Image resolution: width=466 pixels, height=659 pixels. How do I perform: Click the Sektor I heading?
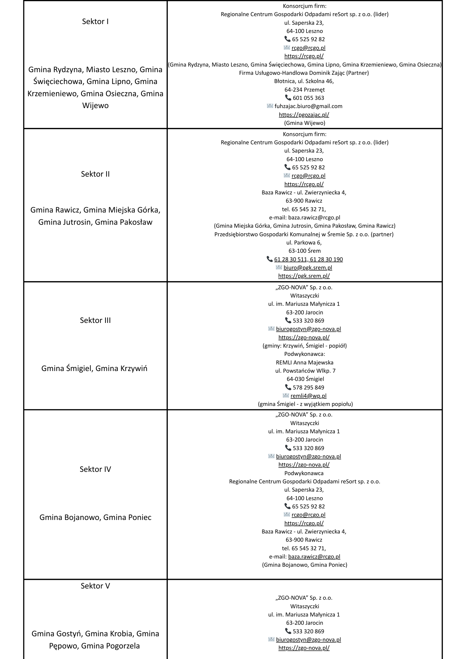click(x=95, y=22)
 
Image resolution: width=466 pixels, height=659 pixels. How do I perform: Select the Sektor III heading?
click(x=95, y=320)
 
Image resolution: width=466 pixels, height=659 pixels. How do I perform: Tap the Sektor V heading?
click(x=95, y=586)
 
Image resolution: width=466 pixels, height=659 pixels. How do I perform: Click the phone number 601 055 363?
click(x=308, y=98)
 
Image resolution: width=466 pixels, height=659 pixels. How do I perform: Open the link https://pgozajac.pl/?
click(x=304, y=115)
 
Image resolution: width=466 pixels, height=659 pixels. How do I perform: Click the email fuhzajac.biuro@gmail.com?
click(x=308, y=106)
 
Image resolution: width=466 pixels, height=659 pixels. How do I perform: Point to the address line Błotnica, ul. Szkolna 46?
click(x=304, y=81)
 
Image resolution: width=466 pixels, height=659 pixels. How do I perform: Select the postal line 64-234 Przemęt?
click(x=305, y=89)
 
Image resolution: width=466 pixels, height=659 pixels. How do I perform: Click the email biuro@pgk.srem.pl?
click(x=307, y=268)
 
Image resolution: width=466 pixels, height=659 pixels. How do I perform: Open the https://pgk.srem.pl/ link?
click(x=304, y=276)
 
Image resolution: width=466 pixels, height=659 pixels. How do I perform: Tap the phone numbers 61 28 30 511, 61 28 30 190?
click(x=308, y=259)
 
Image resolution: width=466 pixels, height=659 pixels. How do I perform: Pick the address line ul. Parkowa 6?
click(x=304, y=243)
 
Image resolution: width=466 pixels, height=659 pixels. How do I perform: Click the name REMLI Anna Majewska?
click(x=305, y=362)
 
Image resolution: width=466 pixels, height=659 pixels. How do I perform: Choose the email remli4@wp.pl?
click(x=308, y=396)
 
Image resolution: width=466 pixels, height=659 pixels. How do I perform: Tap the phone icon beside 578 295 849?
click(x=288, y=387)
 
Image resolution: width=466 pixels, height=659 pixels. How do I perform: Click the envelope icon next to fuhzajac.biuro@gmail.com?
click(x=270, y=106)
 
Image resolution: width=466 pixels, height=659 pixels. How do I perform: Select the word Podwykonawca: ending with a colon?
click(x=305, y=354)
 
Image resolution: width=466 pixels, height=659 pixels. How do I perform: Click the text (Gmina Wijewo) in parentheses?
click(x=305, y=123)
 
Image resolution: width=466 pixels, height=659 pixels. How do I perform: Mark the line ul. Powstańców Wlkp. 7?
click(x=305, y=371)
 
